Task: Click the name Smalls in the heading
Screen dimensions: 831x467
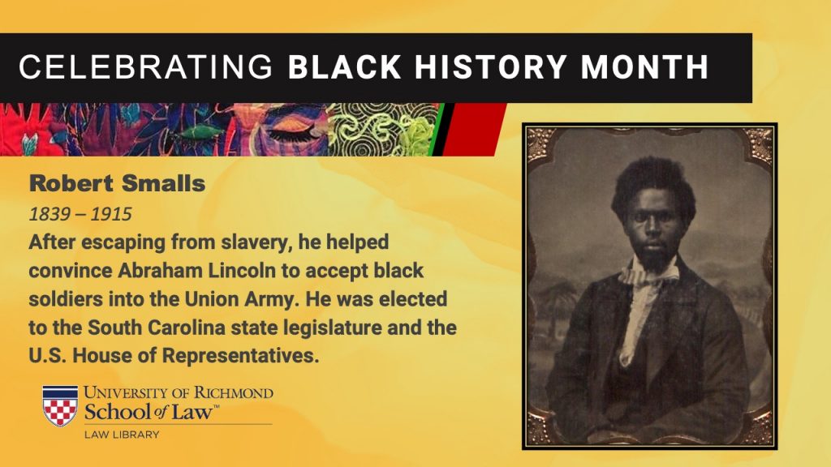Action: pos(163,183)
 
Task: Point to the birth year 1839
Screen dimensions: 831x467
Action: pos(50,214)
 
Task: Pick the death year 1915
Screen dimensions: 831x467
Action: pos(111,214)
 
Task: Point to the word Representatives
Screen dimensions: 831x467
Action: pos(240,356)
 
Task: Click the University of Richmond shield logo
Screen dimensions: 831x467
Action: pos(60,405)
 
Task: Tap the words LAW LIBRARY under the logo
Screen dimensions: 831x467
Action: pos(122,435)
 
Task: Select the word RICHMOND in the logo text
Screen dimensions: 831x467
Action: pos(234,393)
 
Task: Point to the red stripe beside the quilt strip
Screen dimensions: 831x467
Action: pos(473,129)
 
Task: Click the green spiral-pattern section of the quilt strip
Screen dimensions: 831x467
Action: pos(381,129)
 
